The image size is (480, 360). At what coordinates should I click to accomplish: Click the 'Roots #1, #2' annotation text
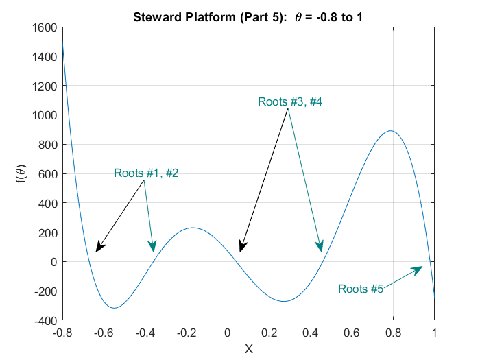point(146,173)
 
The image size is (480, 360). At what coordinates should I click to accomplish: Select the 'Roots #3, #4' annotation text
point(290,101)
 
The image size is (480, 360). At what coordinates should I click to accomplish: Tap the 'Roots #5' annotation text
point(361,289)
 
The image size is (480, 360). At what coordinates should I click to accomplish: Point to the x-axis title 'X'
point(249,349)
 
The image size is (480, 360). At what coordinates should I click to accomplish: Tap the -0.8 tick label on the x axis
point(62,333)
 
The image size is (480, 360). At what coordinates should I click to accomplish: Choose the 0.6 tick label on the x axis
point(352,333)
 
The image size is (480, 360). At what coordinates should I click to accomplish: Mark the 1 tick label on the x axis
point(434,333)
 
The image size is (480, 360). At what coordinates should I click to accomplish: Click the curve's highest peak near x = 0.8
point(390,131)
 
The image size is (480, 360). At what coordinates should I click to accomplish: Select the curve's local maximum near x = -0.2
point(193,228)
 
